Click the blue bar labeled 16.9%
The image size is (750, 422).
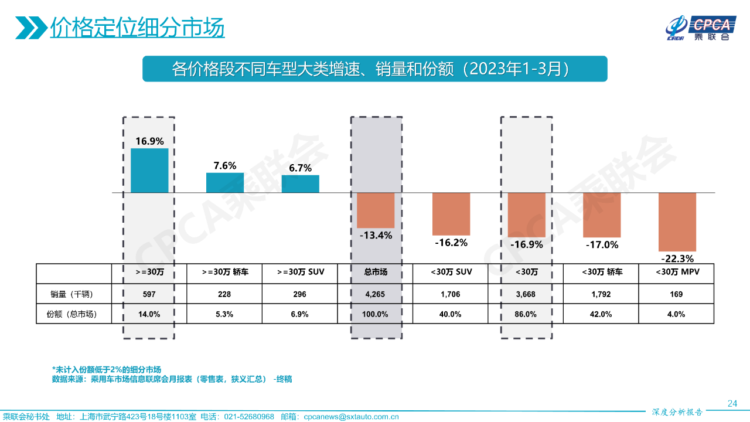point(149,171)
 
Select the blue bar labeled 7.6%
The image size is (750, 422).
point(225,183)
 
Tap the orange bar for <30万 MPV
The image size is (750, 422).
point(677,222)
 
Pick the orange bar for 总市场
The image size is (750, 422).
point(376,210)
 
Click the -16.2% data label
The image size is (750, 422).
point(451,242)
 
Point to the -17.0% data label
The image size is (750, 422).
point(602,244)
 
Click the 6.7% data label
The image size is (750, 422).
point(300,168)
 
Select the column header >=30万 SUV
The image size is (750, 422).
point(300,273)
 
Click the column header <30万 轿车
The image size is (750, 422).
point(602,273)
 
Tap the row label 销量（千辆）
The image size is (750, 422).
point(73,294)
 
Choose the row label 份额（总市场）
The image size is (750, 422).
point(73,314)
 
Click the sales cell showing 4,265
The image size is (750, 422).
point(375,294)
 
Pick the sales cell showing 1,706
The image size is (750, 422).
point(450,294)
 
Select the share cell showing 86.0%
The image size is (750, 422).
point(526,314)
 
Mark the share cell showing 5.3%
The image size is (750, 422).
point(224,314)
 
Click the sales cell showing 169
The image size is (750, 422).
point(676,294)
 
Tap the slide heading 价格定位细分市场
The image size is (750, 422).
point(137,28)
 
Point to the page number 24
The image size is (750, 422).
point(732,403)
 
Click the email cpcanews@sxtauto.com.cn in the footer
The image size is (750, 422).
point(351,417)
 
